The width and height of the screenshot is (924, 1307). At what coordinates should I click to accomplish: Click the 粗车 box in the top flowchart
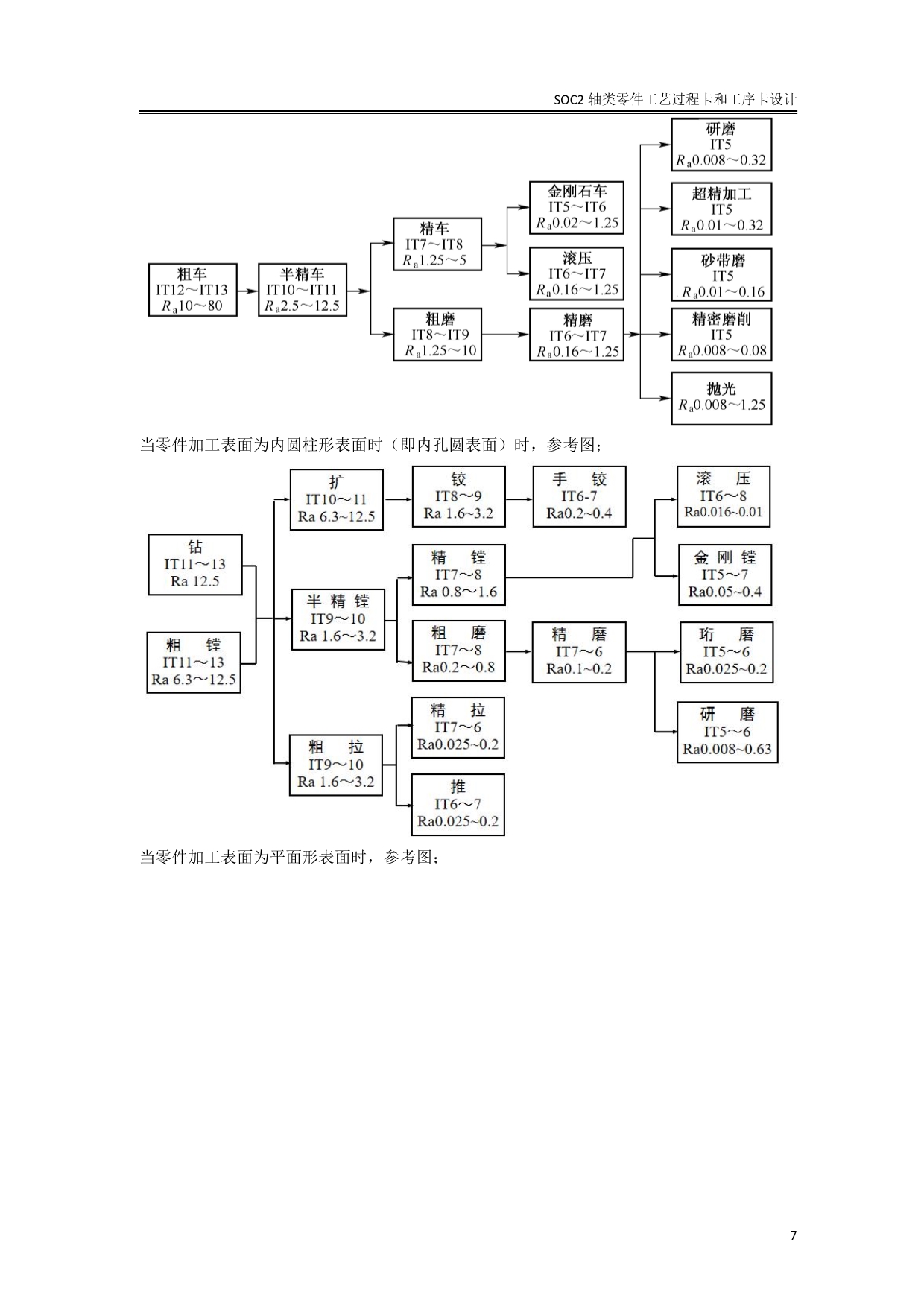pyautogui.click(x=193, y=290)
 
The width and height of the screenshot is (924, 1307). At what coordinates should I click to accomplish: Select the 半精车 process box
pyautogui.click(x=303, y=290)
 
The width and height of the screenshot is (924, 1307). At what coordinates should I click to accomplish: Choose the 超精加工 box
pyautogui.click(x=721, y=209)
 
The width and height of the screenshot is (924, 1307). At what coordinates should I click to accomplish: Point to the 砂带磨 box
pyautogui.click(x=721, y=275)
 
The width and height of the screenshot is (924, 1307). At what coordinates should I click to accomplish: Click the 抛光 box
pyautogui.click(x=721, y=399)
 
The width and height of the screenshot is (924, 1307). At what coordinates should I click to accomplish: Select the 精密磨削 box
pyautogui.click(x=721, y=335)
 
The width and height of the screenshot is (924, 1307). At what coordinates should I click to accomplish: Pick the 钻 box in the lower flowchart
pyautogui.click(x=195, y=565)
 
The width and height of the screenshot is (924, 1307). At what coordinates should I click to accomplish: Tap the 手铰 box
pyautogui.click(x=579, y=497)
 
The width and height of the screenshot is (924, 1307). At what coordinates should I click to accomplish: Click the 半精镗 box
pyautogui.click(x=338, y=619)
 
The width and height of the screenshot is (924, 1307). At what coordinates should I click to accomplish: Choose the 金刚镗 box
pyautogui.click(x=724, y=575)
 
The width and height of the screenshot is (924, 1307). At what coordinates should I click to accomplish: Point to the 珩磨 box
pyautogui.click(x=727, y=652)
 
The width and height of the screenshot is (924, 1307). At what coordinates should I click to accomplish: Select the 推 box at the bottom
pyautogui.click(x=458, y=805)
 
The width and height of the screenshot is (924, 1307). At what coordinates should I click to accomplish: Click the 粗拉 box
pyautogui.click(x=336, y=765)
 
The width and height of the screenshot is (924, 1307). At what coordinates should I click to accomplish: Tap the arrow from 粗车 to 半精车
pyautogui.click(x=247, y=291)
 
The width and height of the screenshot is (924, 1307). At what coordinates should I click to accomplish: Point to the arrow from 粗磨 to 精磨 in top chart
pyautogui.click(x=505, y=335)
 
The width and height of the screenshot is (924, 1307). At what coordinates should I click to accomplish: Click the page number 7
pyautogui.click(x=793, y=1235)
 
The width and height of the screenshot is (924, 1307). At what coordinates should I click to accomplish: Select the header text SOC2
pyautogui.click(x=569, y=100)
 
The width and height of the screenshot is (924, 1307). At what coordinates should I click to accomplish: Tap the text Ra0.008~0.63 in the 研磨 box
pyautogui.click(x=727, y=750)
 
